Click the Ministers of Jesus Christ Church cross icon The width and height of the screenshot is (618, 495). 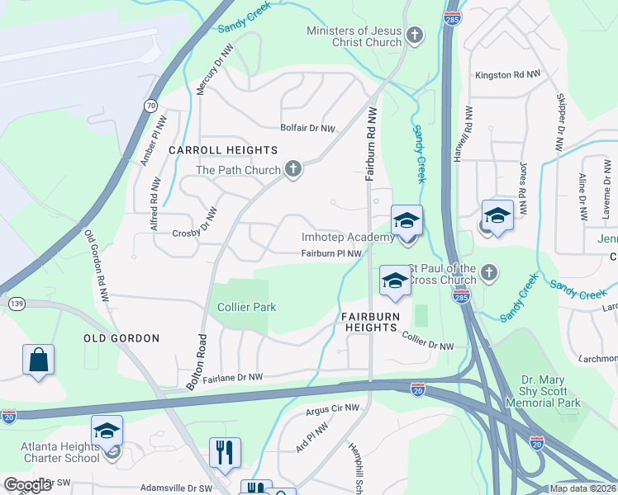coord(415,35)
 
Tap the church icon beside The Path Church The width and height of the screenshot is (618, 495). coord(292,170)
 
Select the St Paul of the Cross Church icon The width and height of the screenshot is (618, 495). coord(489,271)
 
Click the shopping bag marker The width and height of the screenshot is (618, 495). coord(38,361)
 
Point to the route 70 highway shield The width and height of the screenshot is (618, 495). coord(150,106)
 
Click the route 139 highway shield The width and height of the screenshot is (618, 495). coord(16,304)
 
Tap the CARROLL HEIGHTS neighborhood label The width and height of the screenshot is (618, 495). coord(223,150)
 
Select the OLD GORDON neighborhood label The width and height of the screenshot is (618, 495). coord(121,338)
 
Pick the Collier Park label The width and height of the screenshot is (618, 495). coord(246,307)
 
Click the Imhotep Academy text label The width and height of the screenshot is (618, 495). coord(347,238)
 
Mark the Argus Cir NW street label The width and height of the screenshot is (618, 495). coord(333,408)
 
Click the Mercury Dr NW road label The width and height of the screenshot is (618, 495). coord(201,73)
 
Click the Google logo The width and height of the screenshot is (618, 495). coord(27,485)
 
